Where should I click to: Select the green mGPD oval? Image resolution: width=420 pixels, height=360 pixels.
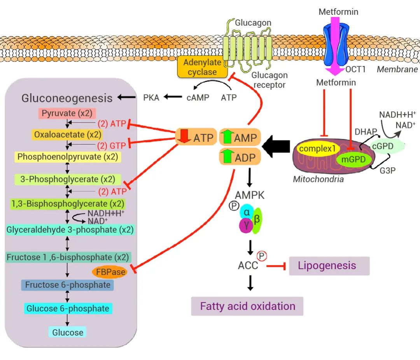pyautogui.click(x=351, y=158)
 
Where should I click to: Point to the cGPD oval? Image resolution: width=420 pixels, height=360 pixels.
pyautogui.click(x=383, y=147)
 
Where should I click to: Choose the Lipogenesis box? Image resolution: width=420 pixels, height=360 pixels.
pyautogui.click(x=329, y=266)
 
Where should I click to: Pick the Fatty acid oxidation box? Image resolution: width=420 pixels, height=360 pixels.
pyautogui.click(x=247, y=306)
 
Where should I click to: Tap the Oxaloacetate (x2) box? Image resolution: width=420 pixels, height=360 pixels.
pyautogui.click(x=68, y=135)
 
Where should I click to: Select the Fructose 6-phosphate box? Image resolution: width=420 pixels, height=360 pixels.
pyautogui.click(x=68, y=285)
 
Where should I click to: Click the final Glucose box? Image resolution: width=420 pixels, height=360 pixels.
pyautogui.click(x=68, y=332)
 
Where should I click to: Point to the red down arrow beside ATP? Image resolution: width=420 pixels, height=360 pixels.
pyautogui.click(x=184, y=137)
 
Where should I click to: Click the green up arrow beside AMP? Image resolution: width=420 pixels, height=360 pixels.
pyautogui.click(x=226, y=137)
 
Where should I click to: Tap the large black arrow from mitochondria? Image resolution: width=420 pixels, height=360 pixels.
pyautogui.click(x=276, y=147)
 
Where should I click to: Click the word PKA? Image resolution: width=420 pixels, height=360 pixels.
pyautogui.click(x=151, y=98)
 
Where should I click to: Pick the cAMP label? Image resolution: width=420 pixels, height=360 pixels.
pyautogui.click(x=198, y=98)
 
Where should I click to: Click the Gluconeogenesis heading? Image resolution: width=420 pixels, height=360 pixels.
pyautogui.click(x=67, y=98)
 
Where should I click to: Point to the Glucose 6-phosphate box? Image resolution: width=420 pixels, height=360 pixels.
pyautogui.click(x=68, y=309)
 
